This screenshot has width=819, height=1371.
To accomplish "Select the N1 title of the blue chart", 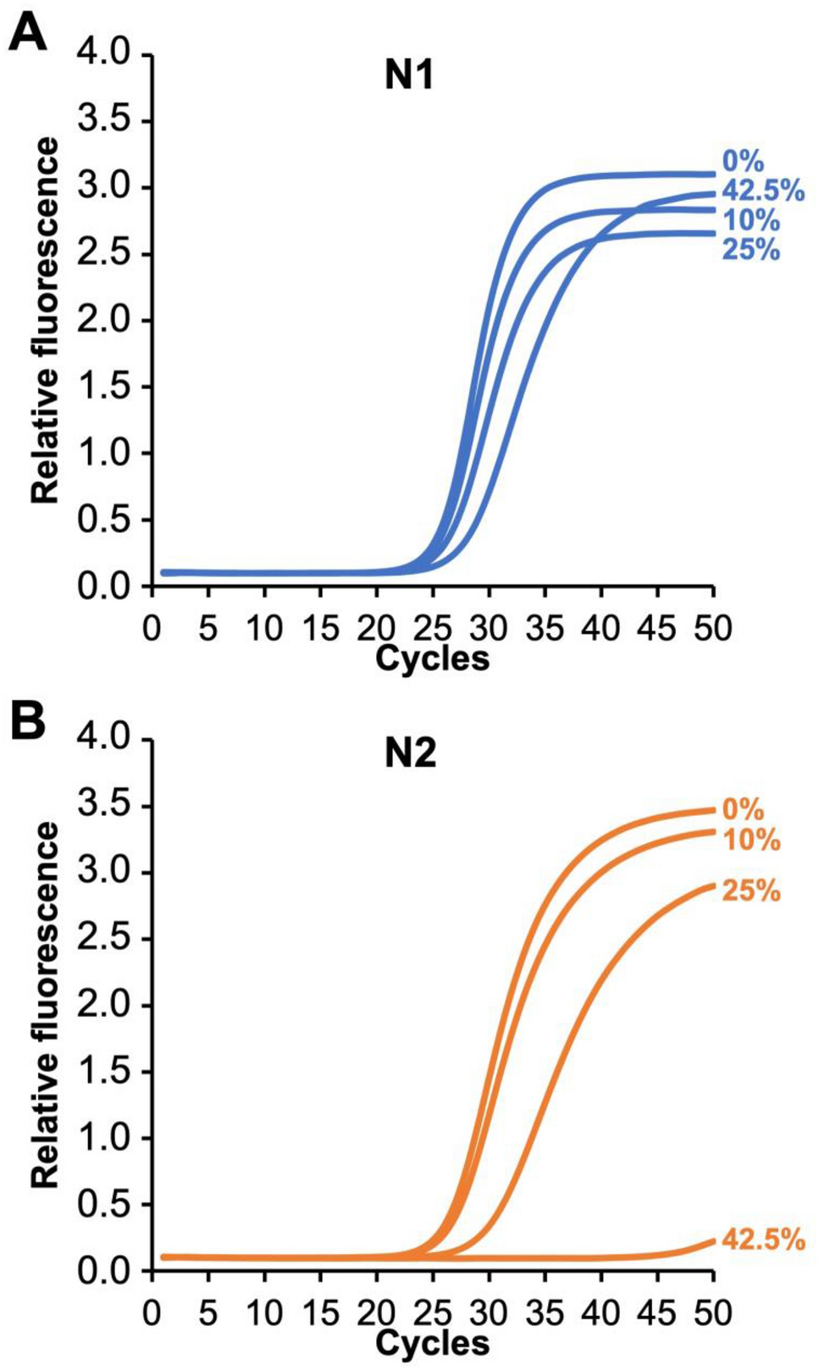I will pos(409,77).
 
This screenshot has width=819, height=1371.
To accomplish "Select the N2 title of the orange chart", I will pos(410,753).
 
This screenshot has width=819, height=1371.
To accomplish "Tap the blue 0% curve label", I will pos(743,161).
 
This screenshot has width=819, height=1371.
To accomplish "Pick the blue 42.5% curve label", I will pos(762,191).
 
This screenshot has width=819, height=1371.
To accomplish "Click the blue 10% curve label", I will pos(750,220).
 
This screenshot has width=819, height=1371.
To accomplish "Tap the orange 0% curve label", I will pos(743,809).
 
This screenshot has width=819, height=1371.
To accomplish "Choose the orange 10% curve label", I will pos(750,840).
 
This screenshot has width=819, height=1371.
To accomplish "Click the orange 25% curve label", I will pos(750,891).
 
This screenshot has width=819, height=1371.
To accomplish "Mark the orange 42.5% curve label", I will pos(762,1241).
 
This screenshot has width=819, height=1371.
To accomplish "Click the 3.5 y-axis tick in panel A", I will pos(102,121).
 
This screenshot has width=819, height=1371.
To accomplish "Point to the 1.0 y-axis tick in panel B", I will pos(102,1138).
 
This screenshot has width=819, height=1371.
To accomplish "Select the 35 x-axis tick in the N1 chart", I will pos(544,629).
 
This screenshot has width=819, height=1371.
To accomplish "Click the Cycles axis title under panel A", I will pos(432,658).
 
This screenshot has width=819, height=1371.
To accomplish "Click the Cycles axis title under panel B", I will pos(432,1343).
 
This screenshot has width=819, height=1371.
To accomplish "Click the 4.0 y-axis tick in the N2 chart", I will pos(102,739).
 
